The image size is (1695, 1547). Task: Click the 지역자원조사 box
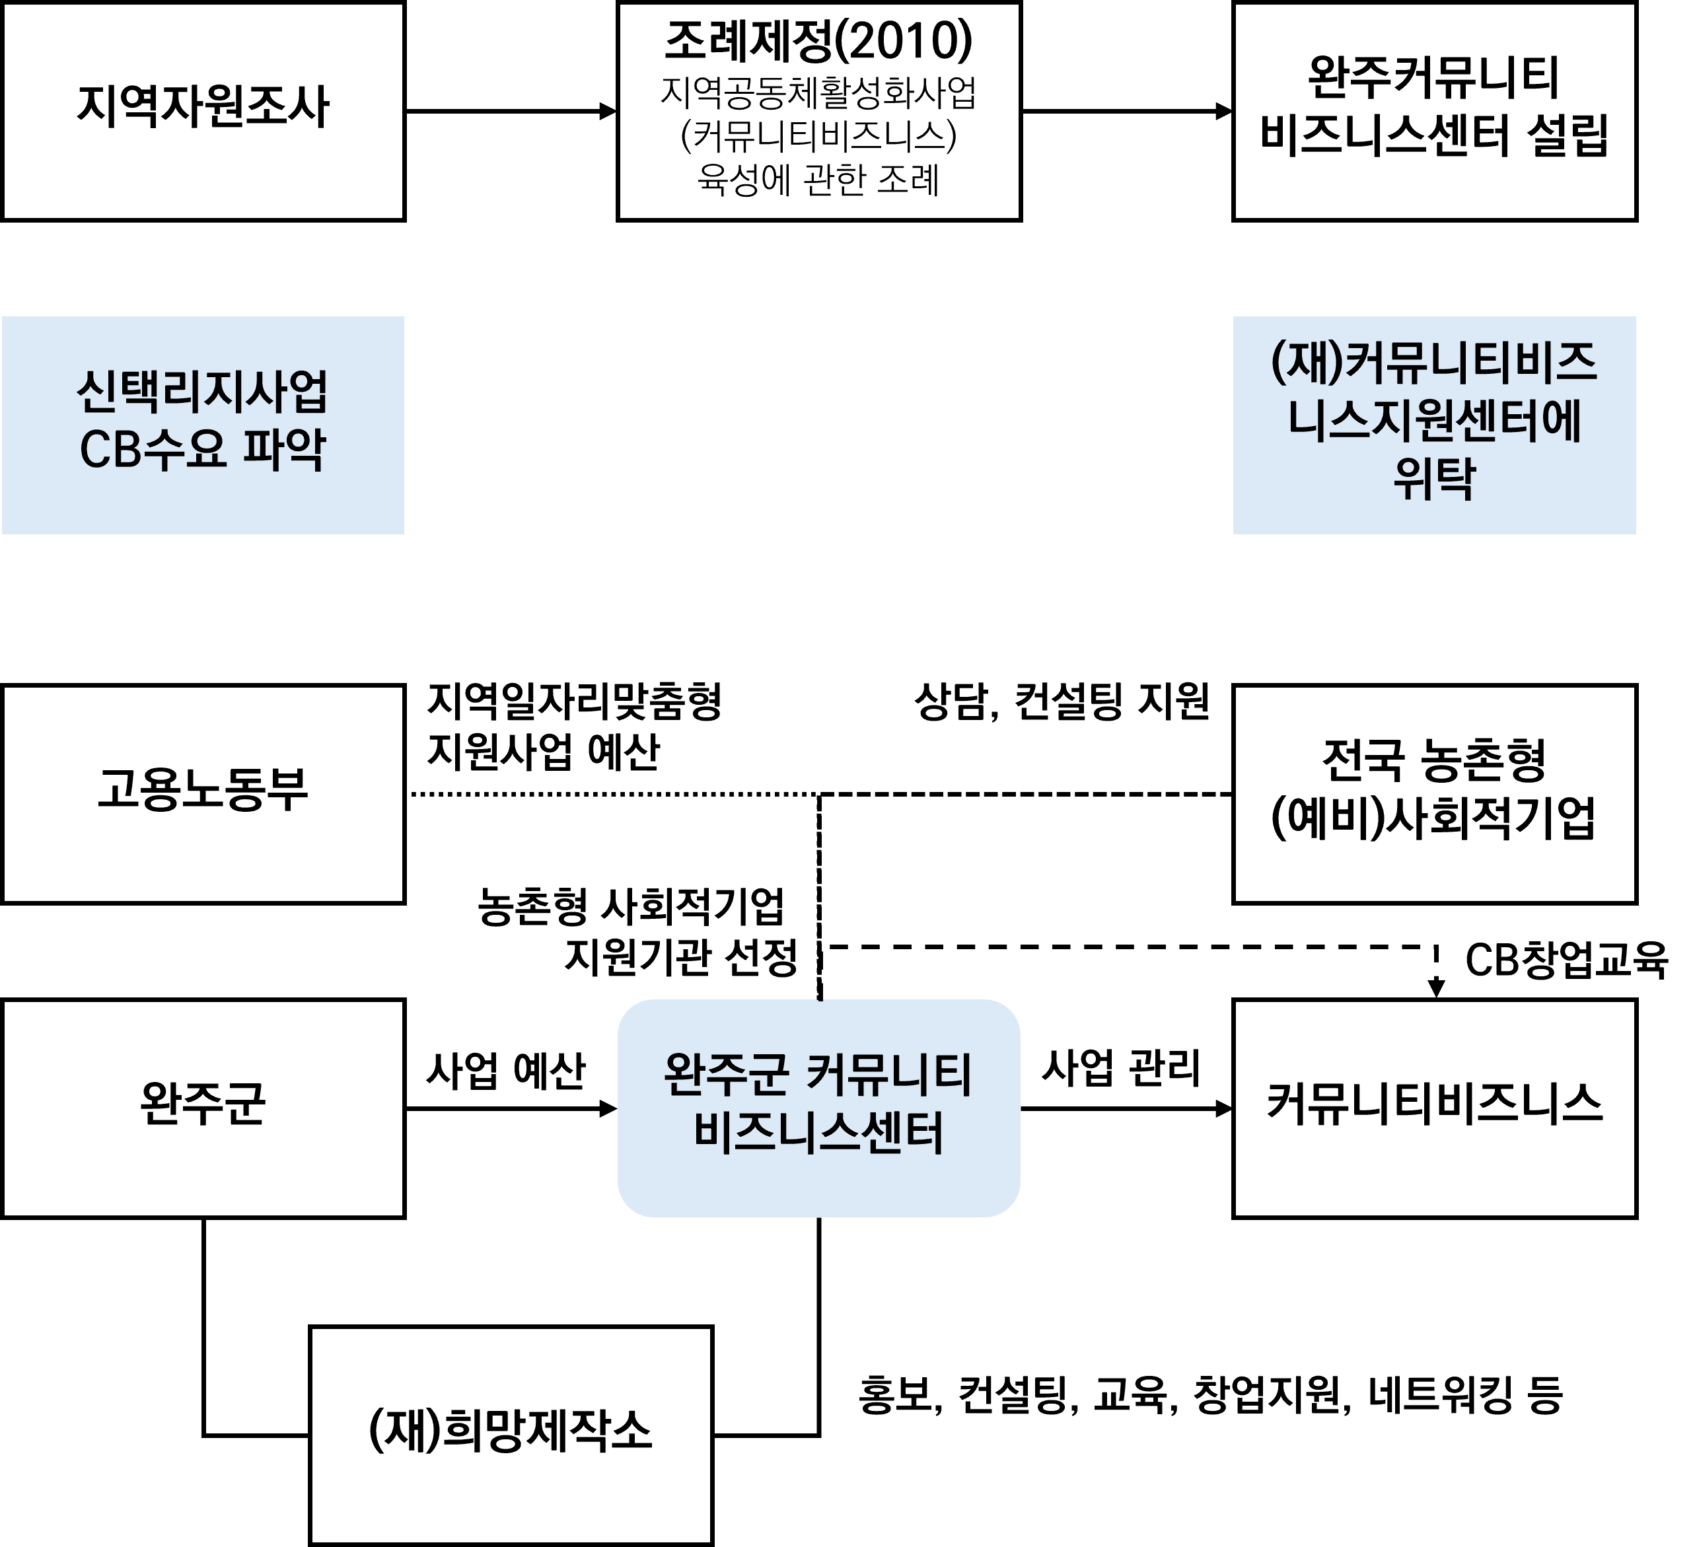(x=203, y=110)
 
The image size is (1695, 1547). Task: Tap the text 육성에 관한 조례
(x=818, y=180)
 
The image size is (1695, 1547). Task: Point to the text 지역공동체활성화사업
(x=818, y=93)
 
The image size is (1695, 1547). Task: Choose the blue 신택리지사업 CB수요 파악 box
(x=203, y=425)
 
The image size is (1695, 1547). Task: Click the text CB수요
(x=153, y=449)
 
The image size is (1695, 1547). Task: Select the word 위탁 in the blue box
(x=1434, y=480)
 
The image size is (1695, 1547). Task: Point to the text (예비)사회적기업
(x=1433, y=818)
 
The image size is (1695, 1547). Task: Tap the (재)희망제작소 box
(x=511, y=1434)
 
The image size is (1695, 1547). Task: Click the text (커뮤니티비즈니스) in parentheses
(x=818, y=137)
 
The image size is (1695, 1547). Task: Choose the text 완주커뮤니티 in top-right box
(x=1434, y=78)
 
